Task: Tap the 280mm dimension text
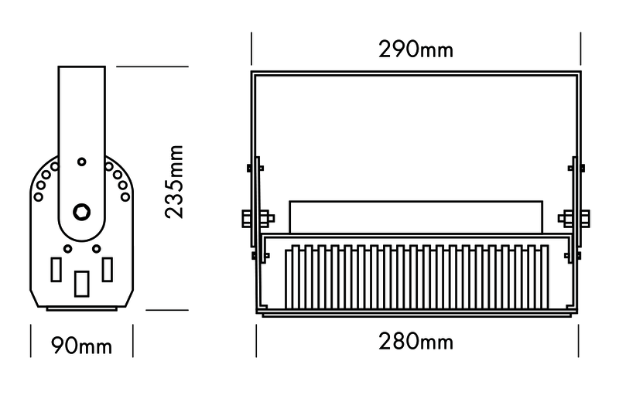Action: [x=416, y=341]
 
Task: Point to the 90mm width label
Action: [x=80, y=346]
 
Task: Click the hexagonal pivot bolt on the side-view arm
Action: [x=80, y=212]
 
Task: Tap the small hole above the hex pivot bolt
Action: [x=80, y=162]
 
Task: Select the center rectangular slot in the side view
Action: [x=80, y=284]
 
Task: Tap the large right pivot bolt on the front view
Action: [x=576, y=219]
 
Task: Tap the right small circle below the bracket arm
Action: [x=95, y=248]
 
